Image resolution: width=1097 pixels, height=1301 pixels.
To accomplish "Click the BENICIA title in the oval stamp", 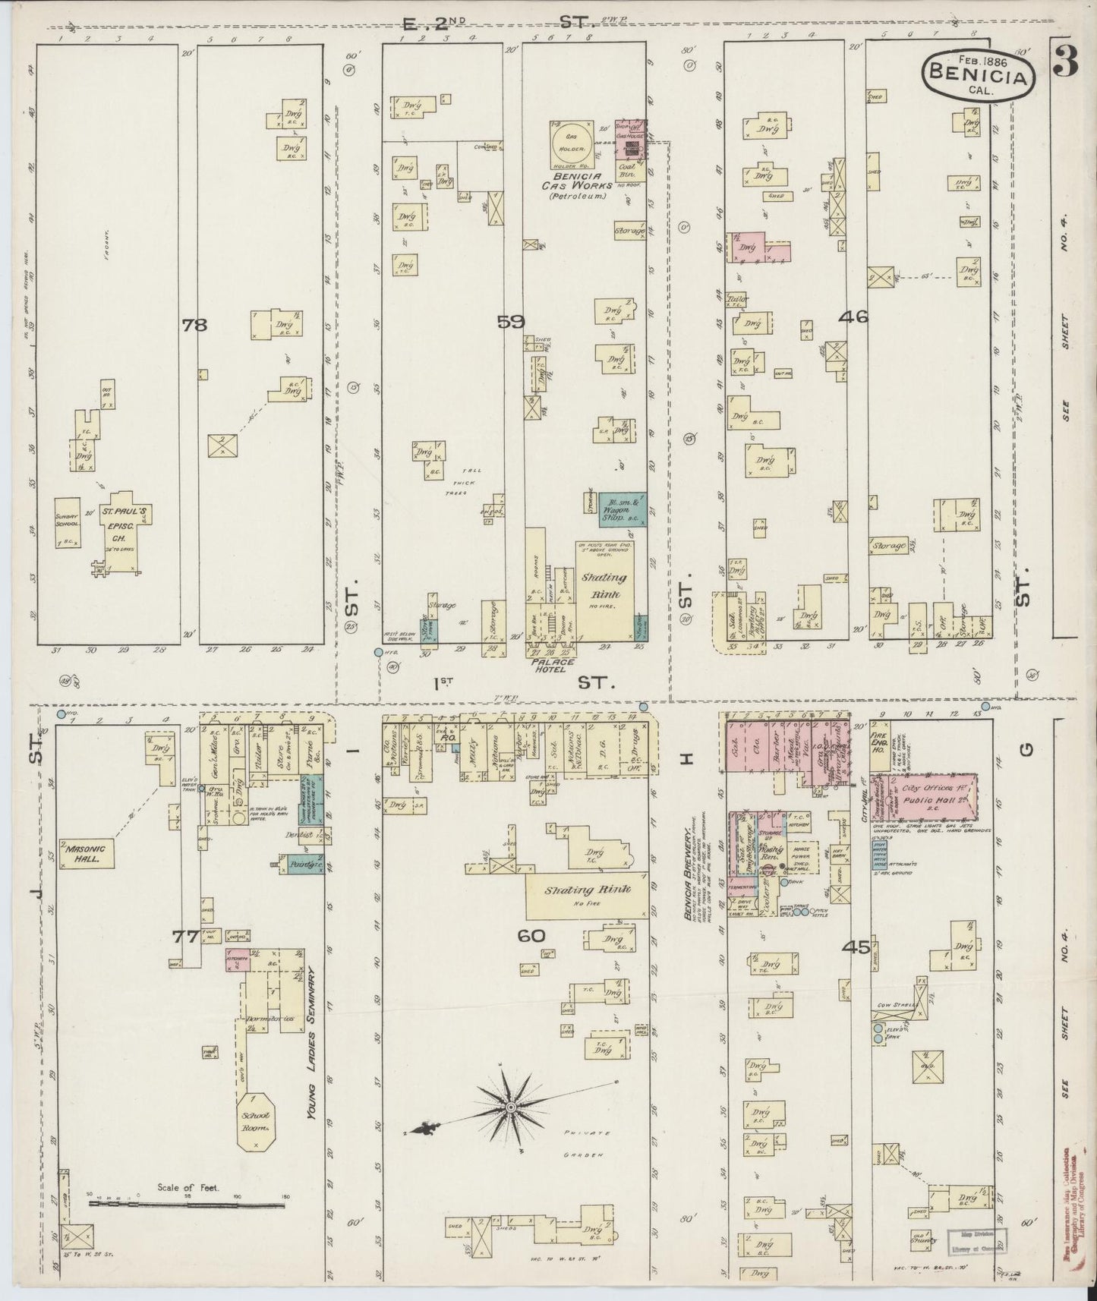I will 979,75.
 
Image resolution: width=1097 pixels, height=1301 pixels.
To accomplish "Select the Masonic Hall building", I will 89,852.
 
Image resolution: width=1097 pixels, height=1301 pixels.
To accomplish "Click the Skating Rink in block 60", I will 588,894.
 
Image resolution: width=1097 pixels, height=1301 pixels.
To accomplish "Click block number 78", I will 194,325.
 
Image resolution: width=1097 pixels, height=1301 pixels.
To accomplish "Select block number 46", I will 853,318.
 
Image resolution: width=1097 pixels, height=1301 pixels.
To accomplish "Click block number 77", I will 185,937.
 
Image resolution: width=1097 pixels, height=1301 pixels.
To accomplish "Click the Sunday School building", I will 68,523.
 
